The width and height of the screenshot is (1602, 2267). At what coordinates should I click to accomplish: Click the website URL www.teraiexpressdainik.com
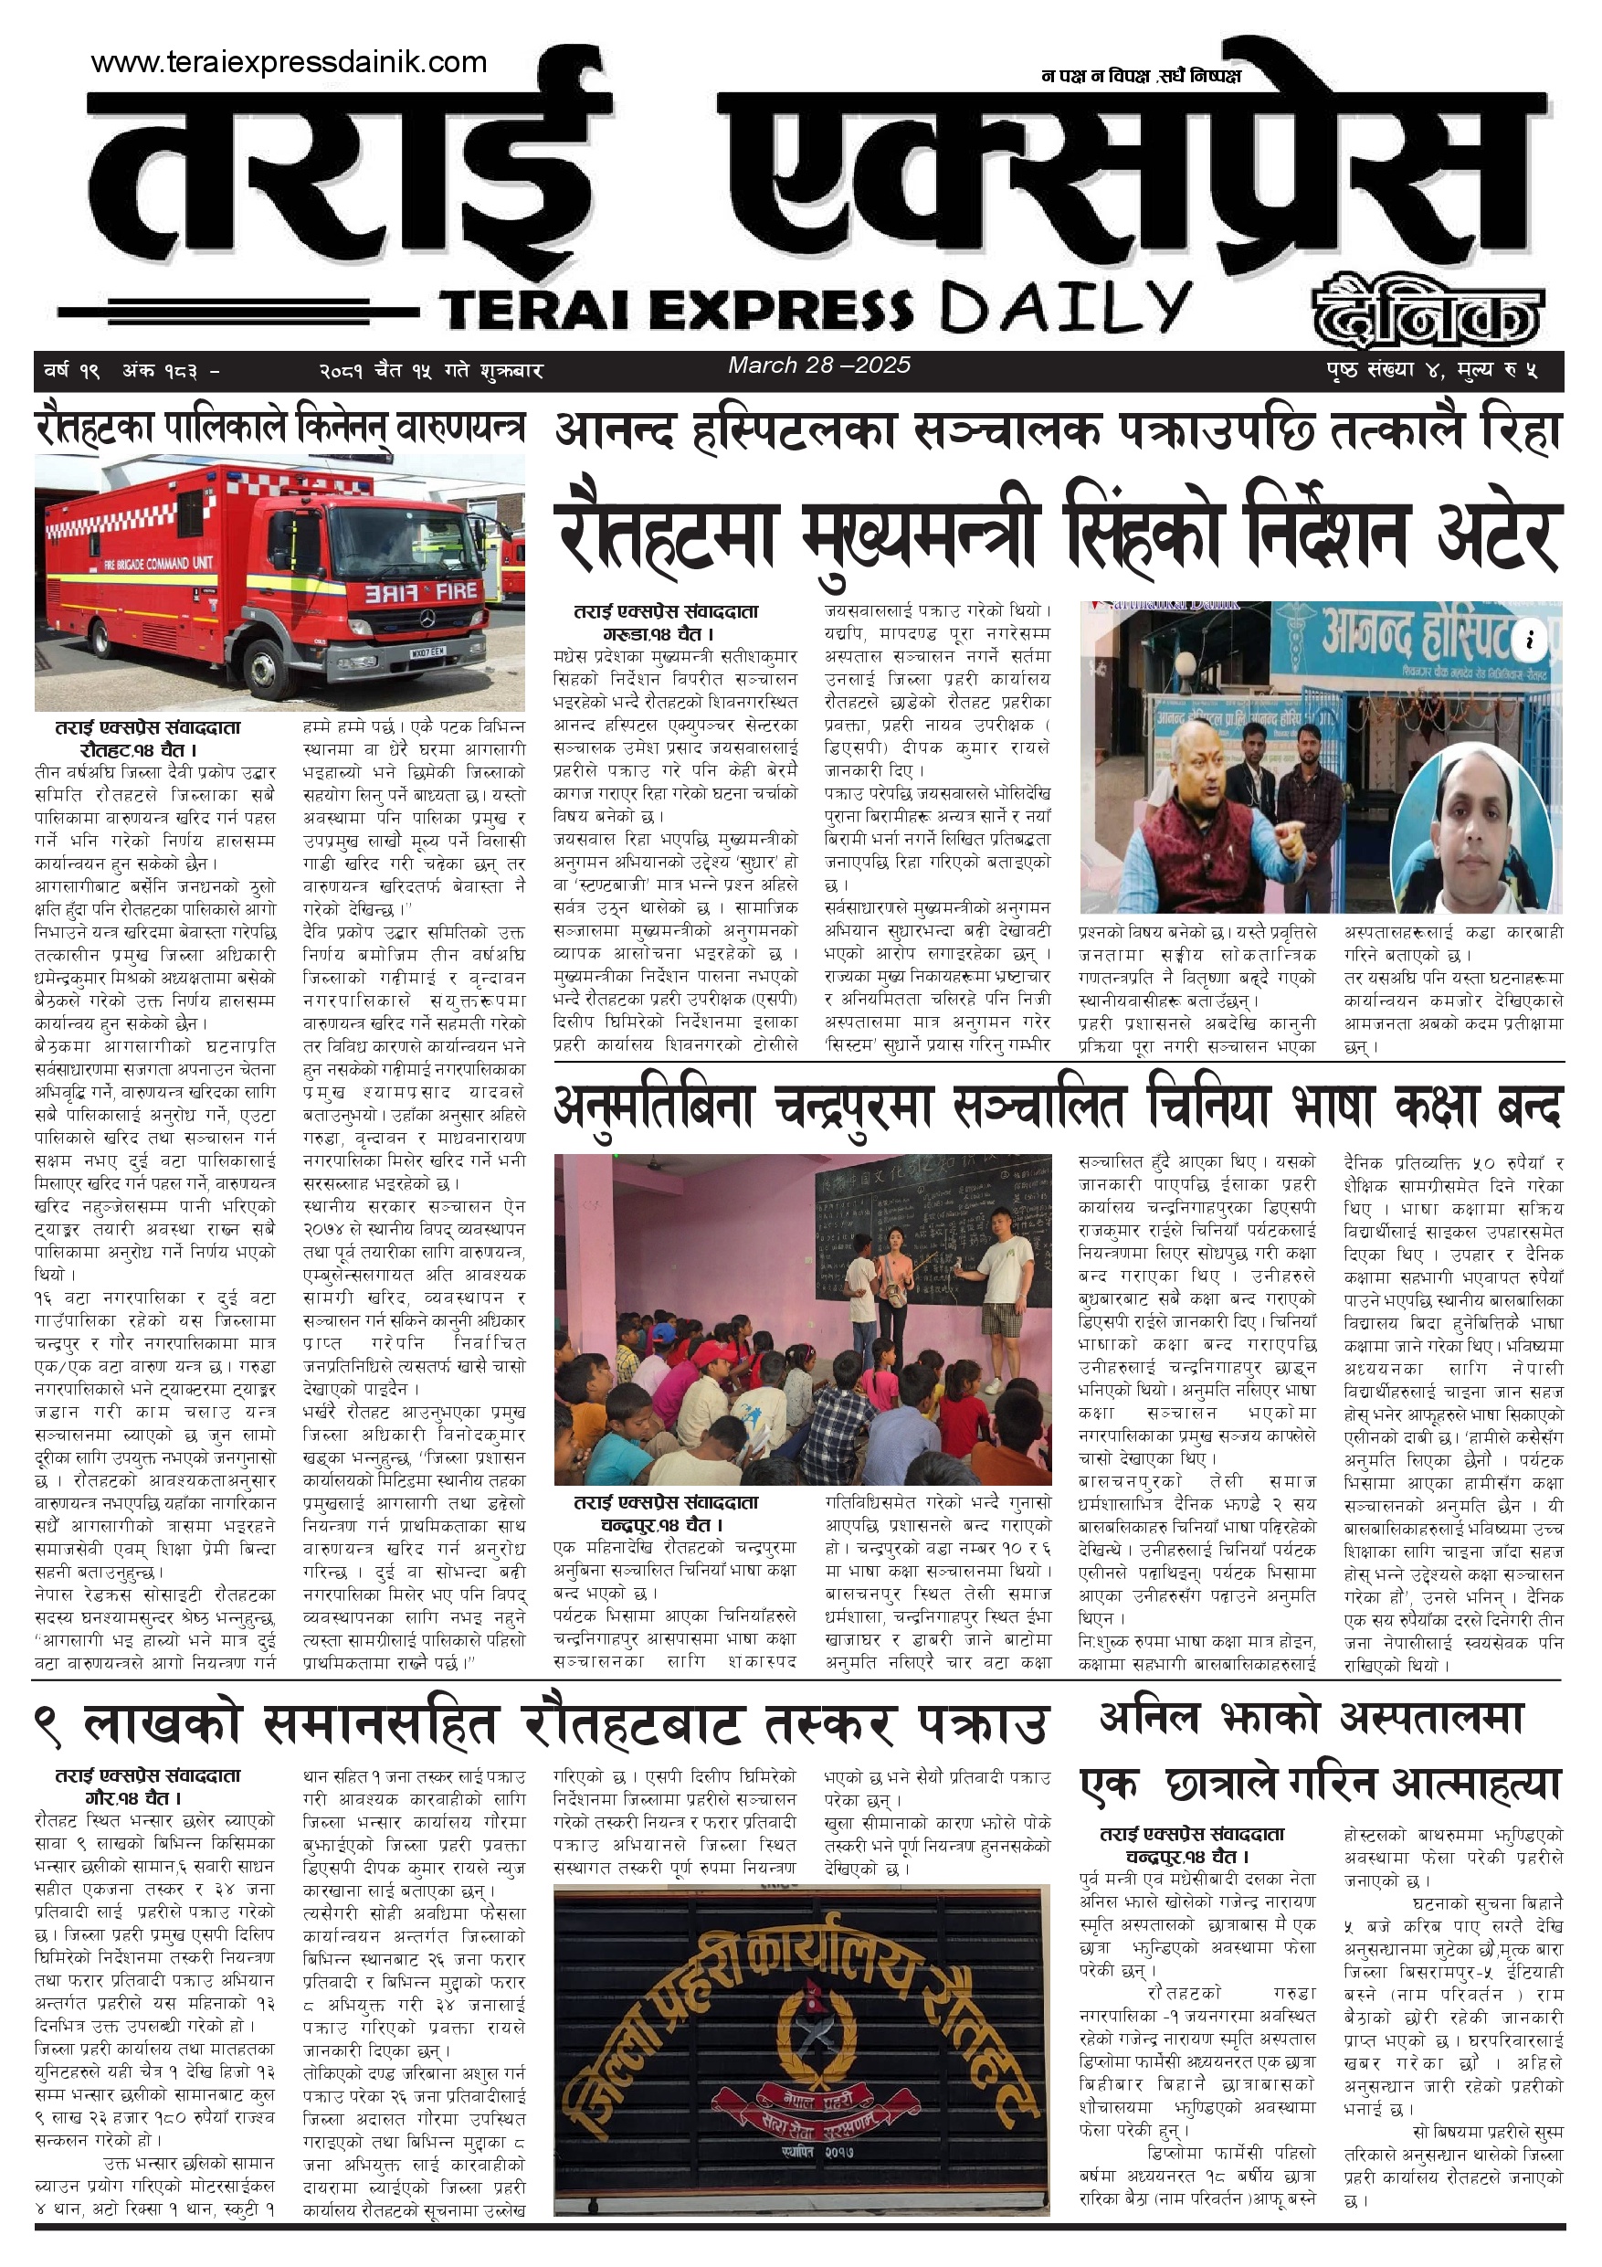[289, 62]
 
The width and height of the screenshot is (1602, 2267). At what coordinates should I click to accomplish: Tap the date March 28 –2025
[818, 365]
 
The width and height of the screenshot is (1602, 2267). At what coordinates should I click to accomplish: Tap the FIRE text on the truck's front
[456, 590]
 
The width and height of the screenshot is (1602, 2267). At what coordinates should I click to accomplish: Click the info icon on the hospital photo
[1529, 640]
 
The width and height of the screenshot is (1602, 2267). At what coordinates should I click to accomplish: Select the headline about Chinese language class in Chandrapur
[1057, 1107]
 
